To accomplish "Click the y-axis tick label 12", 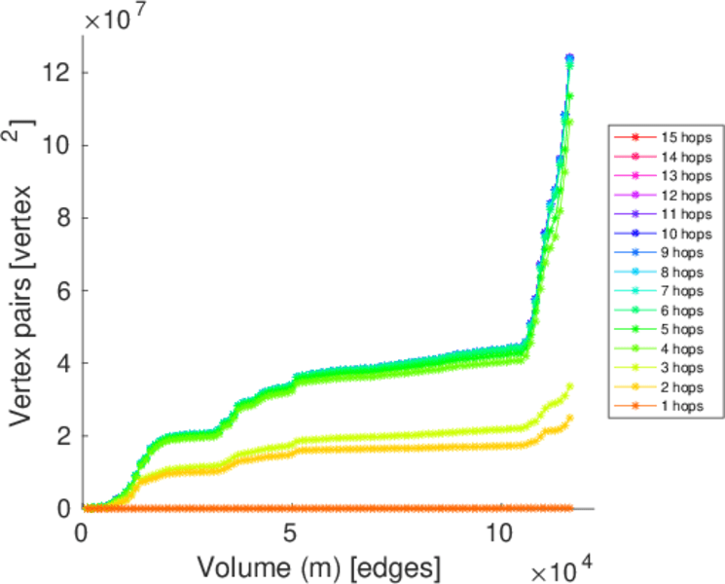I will pyautogui.click(x=55, y=73).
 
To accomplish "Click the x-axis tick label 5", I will pyautogui.click(x=290, y=534).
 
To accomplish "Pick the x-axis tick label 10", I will pyautogui.click(x=498, y=534).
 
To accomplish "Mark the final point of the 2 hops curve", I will pyautogui.click(x=569, y=418).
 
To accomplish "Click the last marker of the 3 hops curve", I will pyautogui.click(x=569, y=386).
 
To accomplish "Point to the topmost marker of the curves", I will pyautogui.click(x=569, y=57).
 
